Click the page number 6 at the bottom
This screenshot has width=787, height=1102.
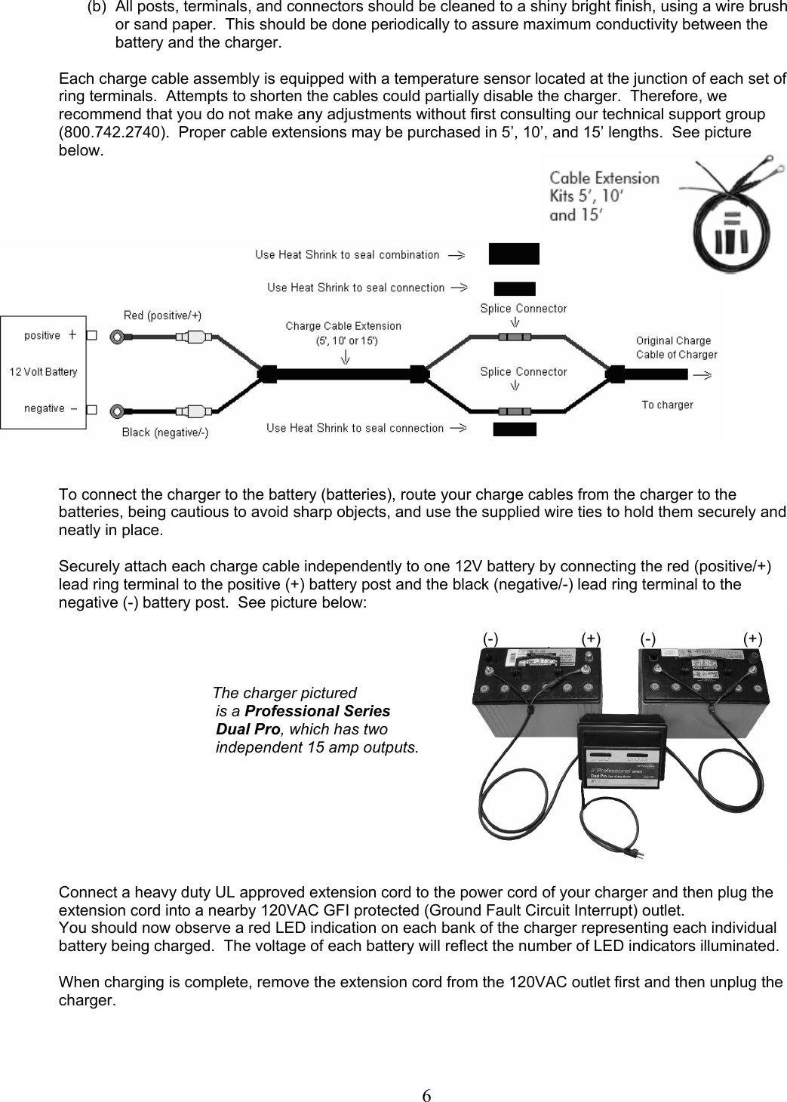[427, 1075]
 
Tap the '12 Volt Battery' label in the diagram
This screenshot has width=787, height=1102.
[44, 371]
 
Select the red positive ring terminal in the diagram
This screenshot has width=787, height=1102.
[117, 337]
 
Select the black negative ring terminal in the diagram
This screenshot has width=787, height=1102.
[117, 411]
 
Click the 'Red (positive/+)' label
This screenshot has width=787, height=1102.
[162, 316]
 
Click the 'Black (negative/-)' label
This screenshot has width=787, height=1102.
[165, 432]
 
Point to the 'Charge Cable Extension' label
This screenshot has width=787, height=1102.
[343, 326]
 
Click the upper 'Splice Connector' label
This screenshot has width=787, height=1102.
[523, 308]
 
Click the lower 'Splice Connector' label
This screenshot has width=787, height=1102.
[523, 371]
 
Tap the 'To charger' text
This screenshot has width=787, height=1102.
[667, 405]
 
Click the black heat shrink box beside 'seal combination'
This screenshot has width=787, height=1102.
[514, 254]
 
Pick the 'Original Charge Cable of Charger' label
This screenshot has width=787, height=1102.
[676, 347]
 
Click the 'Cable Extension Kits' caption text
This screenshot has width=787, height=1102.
[604, 196]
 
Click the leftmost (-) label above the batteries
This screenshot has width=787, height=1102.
[490, 639]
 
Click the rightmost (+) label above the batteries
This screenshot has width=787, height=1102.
[752, 639]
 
